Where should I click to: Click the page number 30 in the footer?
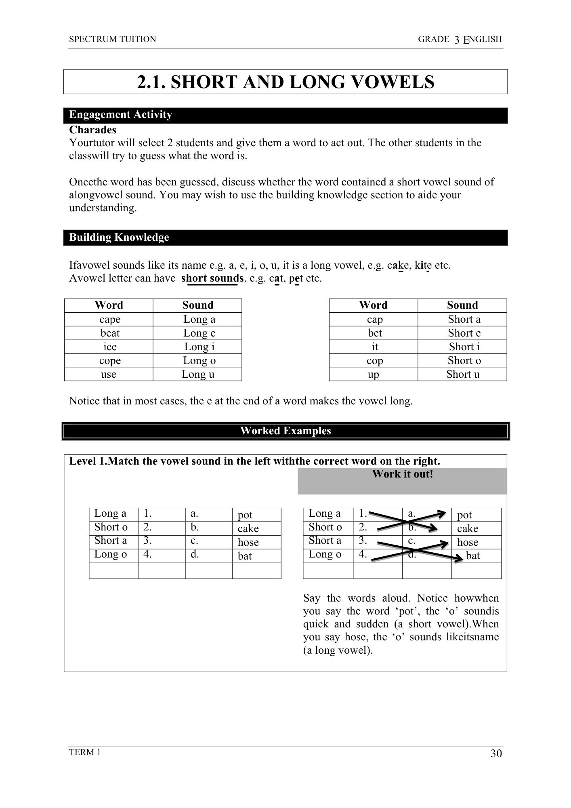[496, 753]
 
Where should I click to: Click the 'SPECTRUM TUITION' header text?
[113, 39]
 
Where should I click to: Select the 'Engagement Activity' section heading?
[121, 115]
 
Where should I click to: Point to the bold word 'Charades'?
[93, 130]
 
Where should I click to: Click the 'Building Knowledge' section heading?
[119, 237]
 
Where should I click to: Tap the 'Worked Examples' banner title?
[285, 431]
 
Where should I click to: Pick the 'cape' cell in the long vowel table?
[110, 320]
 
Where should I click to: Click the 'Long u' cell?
[198, 374]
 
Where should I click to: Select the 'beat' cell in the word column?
[110, 333]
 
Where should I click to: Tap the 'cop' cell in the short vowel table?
[374, 361]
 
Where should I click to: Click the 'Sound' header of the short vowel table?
[462, 305]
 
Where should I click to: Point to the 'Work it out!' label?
[402, 474]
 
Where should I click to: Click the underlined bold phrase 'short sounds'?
[212, 278]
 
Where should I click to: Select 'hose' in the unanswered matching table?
[248, 542]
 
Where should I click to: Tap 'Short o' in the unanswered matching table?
[111, 527]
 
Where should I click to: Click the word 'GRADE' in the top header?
[433, 39]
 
